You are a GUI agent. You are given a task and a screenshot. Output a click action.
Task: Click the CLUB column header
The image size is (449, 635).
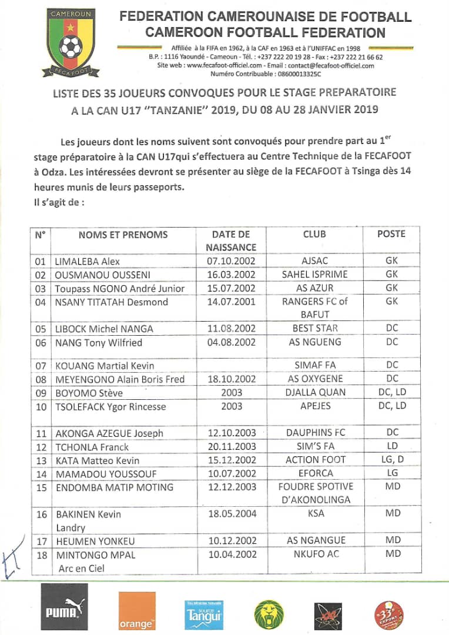point(314,234)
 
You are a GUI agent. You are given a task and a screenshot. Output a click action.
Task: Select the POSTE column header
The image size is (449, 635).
point(391,233)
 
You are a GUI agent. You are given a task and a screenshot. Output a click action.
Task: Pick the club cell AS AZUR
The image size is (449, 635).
point(314,288)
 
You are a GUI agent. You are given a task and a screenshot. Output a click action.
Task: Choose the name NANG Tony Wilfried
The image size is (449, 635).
point(99,342)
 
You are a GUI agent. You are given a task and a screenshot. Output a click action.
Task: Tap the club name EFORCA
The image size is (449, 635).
point(314,473)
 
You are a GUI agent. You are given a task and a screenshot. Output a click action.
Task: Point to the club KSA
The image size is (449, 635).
point(314,513)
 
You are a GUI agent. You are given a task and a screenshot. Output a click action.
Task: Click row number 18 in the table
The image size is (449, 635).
point(41,554)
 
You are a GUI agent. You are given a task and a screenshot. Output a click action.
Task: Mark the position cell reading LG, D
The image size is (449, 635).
point(391,459)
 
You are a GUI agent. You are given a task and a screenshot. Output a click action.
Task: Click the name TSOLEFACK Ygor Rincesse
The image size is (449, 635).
point(110,406)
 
